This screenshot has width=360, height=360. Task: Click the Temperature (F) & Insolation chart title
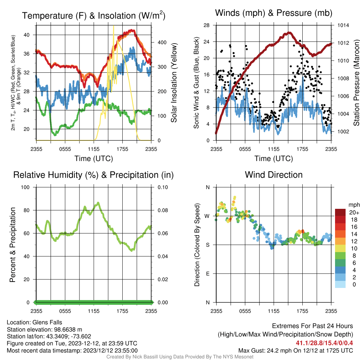94,15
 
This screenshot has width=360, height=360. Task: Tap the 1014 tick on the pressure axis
343,25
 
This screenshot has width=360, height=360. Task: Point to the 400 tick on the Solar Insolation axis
162,43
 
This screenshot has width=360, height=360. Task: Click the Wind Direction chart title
274,175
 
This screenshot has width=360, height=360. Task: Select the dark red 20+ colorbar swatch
340,212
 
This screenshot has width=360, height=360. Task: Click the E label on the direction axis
207,274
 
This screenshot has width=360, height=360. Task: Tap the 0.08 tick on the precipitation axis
162,210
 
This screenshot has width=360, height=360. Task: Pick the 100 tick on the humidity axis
25,187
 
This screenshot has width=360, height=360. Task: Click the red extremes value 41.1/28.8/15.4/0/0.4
324,343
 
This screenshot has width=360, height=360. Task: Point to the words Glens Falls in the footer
47,322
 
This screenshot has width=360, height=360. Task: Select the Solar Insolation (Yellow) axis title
174,83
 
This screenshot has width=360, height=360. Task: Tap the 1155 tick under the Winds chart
274,149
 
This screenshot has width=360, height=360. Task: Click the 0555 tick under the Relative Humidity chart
65,311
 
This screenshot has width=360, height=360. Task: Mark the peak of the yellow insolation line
114,26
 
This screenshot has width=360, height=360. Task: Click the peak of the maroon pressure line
289,33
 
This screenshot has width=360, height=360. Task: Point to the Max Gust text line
295,351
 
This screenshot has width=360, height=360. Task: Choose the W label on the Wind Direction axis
207,216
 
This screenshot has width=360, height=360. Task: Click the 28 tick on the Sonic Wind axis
206,25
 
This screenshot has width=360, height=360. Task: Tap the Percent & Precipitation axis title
13,245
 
